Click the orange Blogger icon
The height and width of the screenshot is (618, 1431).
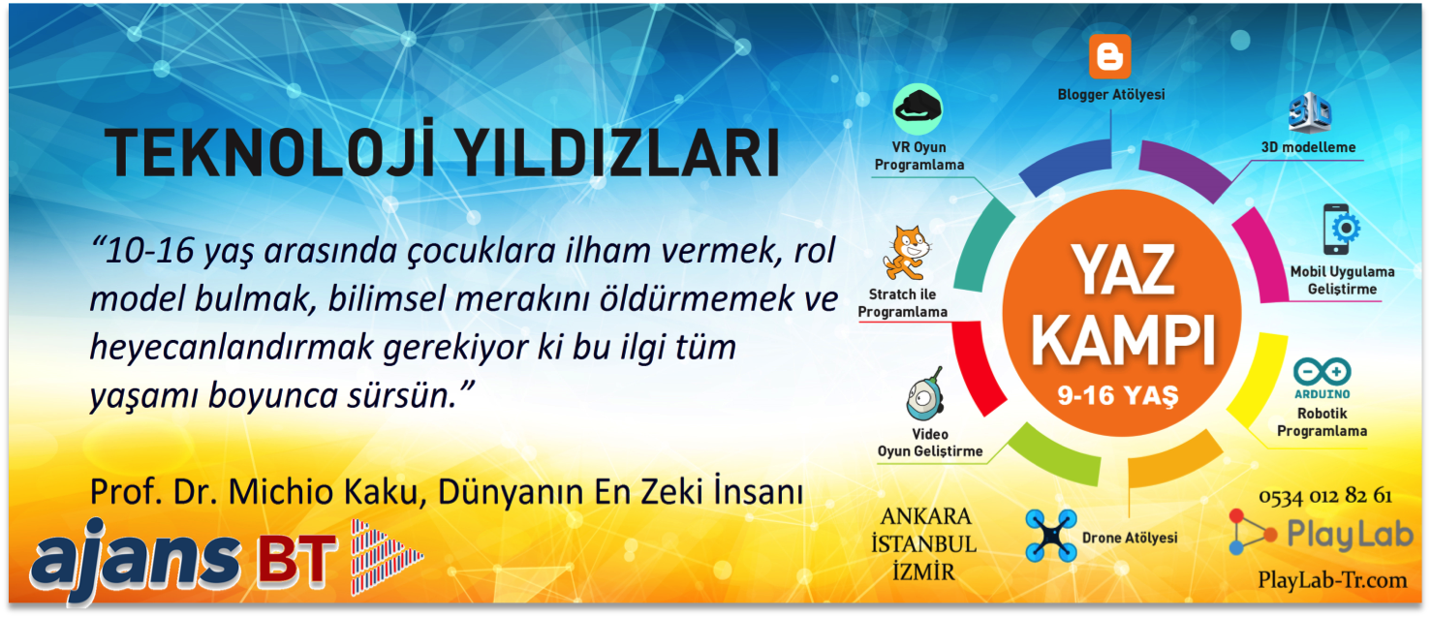tap(1109, 56)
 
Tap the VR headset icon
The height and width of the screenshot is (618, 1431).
tap(918, 109)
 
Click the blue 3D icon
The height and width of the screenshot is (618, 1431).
tap(1310, 111)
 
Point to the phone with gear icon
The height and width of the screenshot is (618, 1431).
tap(1341, 230)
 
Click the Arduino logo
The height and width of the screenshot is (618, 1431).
tap(1322, 378)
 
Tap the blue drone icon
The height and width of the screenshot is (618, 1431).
tap(1051, 535)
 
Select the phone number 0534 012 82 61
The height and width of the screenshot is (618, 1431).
tap(1325, 496)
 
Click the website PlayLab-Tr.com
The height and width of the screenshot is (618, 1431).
tap(1332, 579)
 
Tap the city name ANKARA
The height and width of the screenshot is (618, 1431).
tap(925, 516)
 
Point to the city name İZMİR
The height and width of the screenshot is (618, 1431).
tap(923, 571)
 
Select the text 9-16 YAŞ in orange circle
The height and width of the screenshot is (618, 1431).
tap(1118, 396)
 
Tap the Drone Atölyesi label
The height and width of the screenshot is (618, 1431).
tap(1130, 539)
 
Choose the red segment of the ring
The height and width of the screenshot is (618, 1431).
tap(977, 367)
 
